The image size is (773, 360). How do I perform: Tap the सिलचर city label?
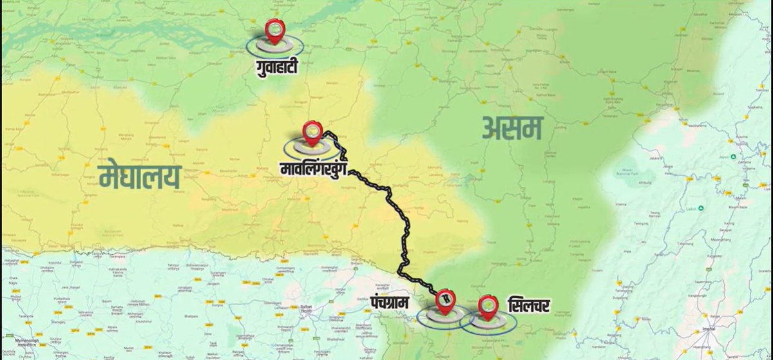(x=528, y=304)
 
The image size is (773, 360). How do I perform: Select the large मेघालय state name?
(x=140, y=176)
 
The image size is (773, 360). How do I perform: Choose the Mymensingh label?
(x=23, y=340)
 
